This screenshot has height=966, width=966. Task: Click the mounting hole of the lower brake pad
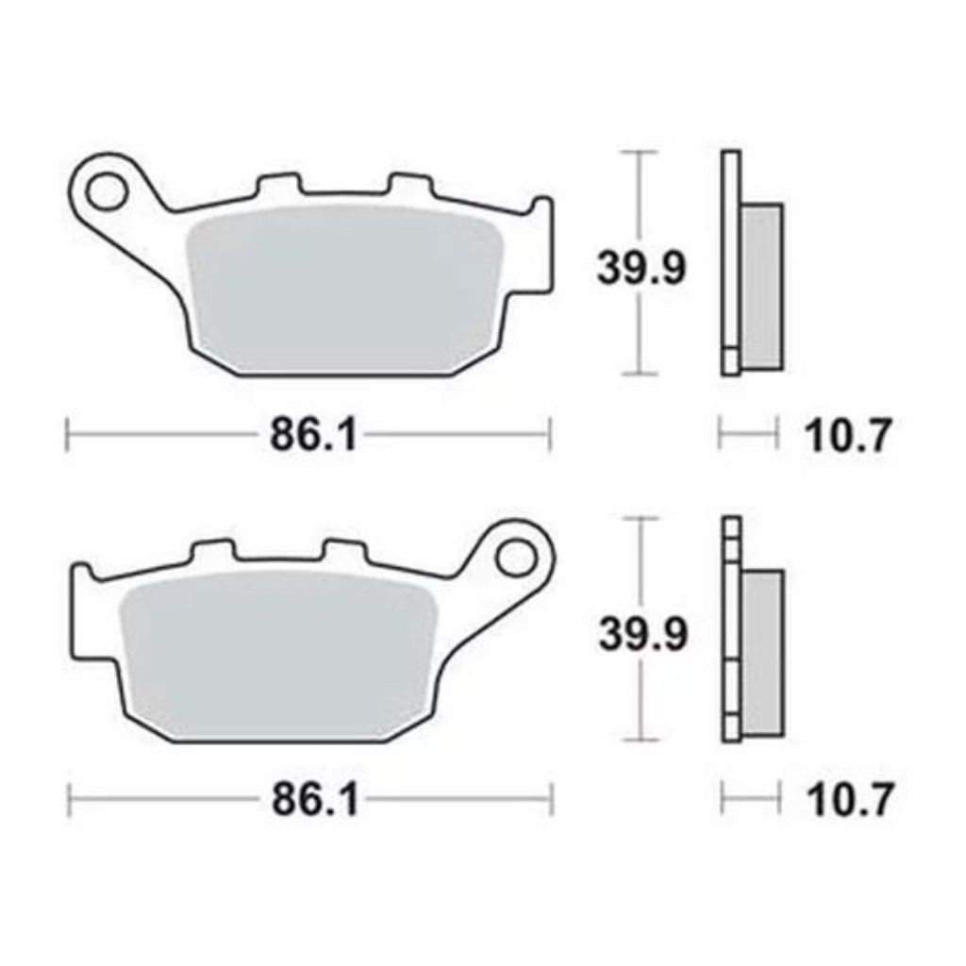(516, 558)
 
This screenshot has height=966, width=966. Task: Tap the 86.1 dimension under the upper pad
(313, 435)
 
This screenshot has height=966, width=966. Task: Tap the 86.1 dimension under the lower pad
(315, 800)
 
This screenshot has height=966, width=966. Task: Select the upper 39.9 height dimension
(641, 269)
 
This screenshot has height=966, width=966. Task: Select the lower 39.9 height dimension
(642, 634)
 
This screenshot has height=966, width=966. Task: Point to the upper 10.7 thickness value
(848, 436)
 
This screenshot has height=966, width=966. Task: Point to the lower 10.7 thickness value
(850, 800)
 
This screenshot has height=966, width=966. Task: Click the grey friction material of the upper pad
(345, 289)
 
